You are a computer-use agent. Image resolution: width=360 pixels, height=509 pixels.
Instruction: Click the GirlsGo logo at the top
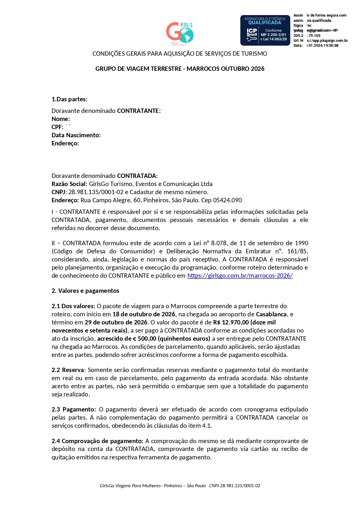click(x=180, y=33)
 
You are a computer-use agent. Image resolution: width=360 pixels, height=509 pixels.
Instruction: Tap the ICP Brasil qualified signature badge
click(x=265, y=30)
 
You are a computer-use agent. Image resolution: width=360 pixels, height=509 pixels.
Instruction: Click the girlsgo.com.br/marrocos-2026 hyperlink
click(x=240, y=276)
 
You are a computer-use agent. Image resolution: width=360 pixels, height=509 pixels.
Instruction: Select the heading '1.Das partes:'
click(x=70, y=99)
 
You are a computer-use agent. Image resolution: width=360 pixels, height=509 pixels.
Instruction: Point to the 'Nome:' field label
click(x=61, y=119)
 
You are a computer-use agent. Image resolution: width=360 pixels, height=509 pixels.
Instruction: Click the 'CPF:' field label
click(x=57, y=127)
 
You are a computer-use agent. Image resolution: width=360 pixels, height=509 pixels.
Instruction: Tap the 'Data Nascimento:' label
click(x=76, y=135)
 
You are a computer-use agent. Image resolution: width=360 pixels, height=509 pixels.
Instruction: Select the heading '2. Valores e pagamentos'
click(x=85, y=291)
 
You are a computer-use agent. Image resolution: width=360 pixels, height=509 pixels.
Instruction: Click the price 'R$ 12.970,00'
click(x=231, y=322)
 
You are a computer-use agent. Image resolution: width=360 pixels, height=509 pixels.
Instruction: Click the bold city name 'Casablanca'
click(x=272, y=314)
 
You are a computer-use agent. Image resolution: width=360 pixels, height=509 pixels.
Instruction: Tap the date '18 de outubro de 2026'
click(x=144, y=314)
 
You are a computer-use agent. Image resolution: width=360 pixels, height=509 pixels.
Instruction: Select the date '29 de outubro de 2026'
click(x=116, y=322)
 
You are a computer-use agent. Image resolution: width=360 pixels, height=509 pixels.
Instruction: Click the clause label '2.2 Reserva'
click(x=68, y=370)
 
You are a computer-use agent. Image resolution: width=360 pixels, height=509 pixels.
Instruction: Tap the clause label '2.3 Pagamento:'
click(x=74, y=409)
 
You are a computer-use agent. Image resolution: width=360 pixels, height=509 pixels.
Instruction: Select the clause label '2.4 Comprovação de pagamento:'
click(x=97, y=441)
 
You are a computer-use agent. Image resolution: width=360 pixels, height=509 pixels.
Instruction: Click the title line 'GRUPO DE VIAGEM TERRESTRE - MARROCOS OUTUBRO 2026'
click(x=180, y=69)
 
